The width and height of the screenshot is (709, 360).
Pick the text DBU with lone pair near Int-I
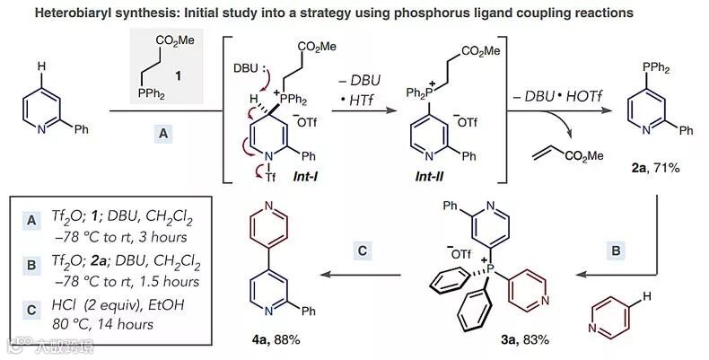(245, 68)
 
